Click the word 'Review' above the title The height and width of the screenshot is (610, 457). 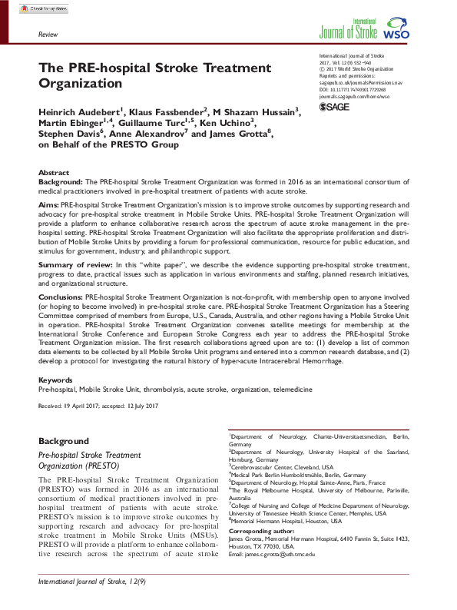(x=48, y=35)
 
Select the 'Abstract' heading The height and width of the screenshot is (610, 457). (x=54, y=173)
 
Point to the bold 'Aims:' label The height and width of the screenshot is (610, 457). (x=48, y=207)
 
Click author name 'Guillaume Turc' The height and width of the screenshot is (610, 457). (x=160, y=123)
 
